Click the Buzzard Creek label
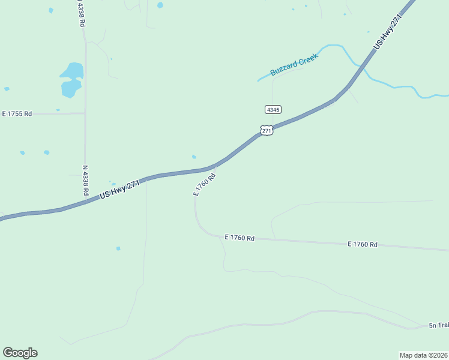tap(294, 64)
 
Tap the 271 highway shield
tap(267, 130)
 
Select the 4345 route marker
tap(273, 109)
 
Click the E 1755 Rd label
tap(17, 113)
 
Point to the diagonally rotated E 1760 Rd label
tap(204, 184)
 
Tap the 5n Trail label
tap(439, 325)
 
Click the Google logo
tap(20, 353)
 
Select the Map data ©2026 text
tap(424, 355)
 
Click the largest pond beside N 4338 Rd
tap(71, 79)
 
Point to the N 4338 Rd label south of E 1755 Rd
tap(85, 180)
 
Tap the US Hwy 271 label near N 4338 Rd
tap(119, 190)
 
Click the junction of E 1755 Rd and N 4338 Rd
tap(85, 113)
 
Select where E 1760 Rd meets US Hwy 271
tap(215, 166)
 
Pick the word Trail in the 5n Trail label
tap(443, 325)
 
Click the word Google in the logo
tap(20, 353)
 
